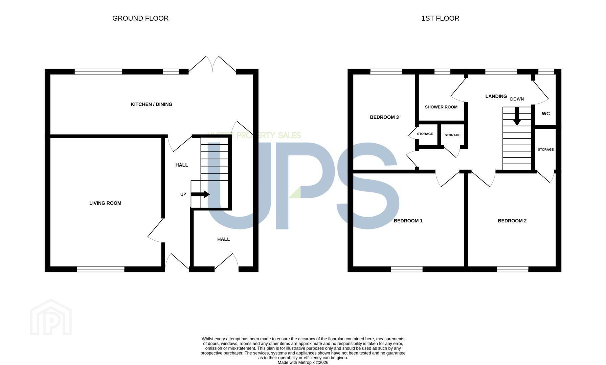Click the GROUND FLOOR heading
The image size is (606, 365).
click(140, 18)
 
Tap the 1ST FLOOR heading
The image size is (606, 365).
click(440, 18)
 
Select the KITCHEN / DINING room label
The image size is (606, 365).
click(152, 104)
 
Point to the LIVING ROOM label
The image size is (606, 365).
click(105, 203)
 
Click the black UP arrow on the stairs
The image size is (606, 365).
click(200, 194)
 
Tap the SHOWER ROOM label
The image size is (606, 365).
click(441, 107)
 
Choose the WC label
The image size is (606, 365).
click(546, 114)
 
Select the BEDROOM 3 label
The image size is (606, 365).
click(384, 117)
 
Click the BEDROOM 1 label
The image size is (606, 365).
click(408, 221)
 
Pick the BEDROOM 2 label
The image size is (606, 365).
click(512, 221)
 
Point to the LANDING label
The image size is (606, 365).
click(496, 96)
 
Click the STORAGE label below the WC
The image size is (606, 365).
click(546, 149)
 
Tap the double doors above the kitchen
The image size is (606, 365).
click(212, 64)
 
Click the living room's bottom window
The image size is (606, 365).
click(101, 269)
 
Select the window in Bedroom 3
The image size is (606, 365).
click(386, 72)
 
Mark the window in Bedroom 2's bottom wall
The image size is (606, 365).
click(513, 269)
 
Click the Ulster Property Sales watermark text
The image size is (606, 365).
click(254, 136)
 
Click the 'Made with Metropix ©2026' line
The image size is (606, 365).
click(303, 363)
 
